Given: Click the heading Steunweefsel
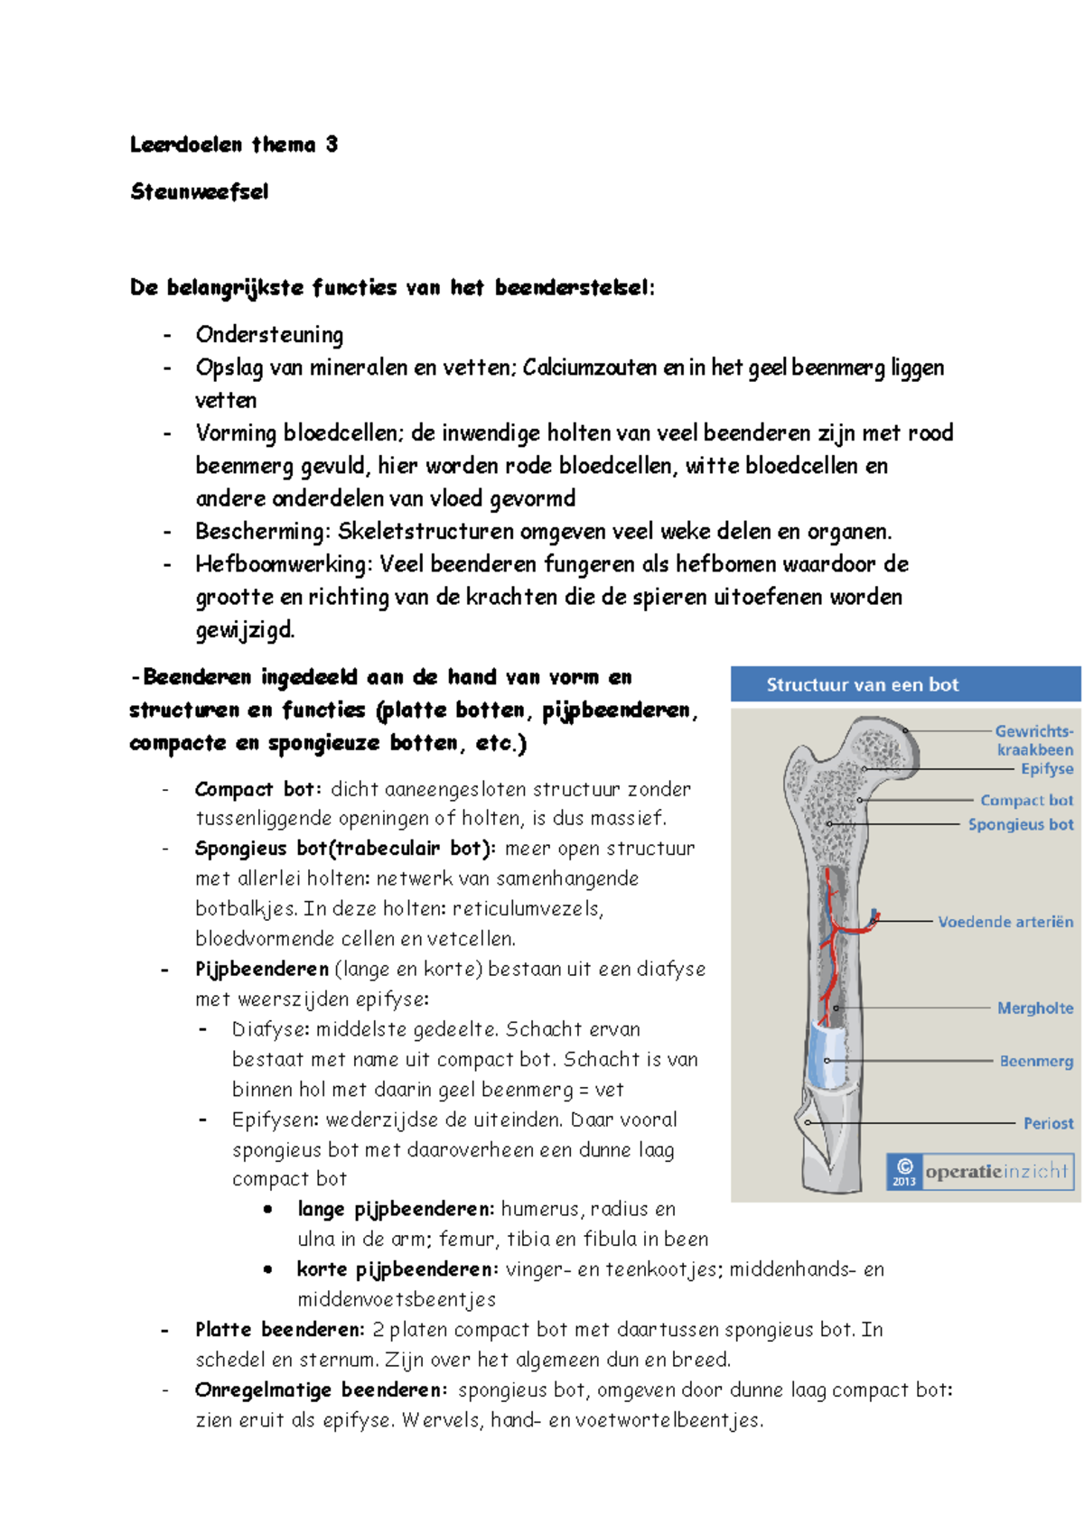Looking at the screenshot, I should [199, 191].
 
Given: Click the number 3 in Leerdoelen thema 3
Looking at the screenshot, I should [332, 144].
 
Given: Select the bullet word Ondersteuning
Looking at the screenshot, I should [269, 335].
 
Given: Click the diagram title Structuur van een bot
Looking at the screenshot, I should [862, 684].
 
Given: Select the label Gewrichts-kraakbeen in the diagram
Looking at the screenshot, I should [1033, 740].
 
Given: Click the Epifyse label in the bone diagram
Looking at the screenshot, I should [1046, 769].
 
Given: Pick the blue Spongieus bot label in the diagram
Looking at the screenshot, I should [1020, 824].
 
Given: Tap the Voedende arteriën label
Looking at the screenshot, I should [1005, 922].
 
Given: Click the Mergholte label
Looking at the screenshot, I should [1034, 1008].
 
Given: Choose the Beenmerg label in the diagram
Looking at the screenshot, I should [1035, 1061].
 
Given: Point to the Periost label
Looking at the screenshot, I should [1048, 1123].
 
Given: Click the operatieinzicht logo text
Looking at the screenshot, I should [995, 1172].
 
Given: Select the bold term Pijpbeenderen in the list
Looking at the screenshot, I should [261, 970].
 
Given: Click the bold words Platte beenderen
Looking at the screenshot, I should [279, 1330].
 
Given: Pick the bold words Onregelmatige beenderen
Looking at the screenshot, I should [320, 1390].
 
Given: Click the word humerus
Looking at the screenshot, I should [540, 1210].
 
